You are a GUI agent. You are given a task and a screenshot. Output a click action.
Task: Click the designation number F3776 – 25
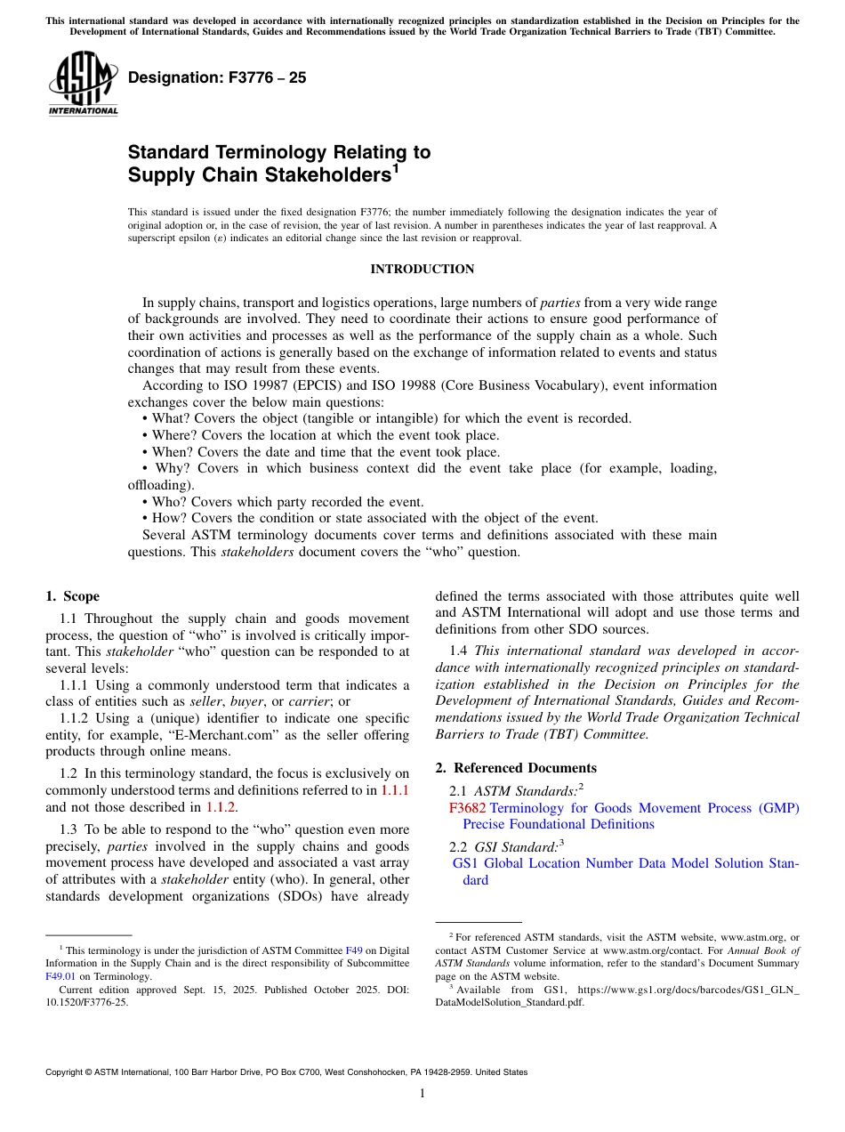coord(217,77)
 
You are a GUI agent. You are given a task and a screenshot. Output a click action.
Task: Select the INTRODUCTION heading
coord(422,269)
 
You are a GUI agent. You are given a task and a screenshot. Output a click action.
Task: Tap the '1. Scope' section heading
coord(73,596)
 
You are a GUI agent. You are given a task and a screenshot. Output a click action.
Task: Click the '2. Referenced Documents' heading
coord(515,768)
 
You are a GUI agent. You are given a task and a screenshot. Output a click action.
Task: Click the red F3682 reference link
coord(468,808)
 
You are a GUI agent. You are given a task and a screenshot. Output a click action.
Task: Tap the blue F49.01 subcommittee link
coord(60,975)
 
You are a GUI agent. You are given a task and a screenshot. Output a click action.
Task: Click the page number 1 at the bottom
coord(422,1094)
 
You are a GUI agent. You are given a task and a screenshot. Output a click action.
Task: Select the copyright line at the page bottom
coord(286,1072)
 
